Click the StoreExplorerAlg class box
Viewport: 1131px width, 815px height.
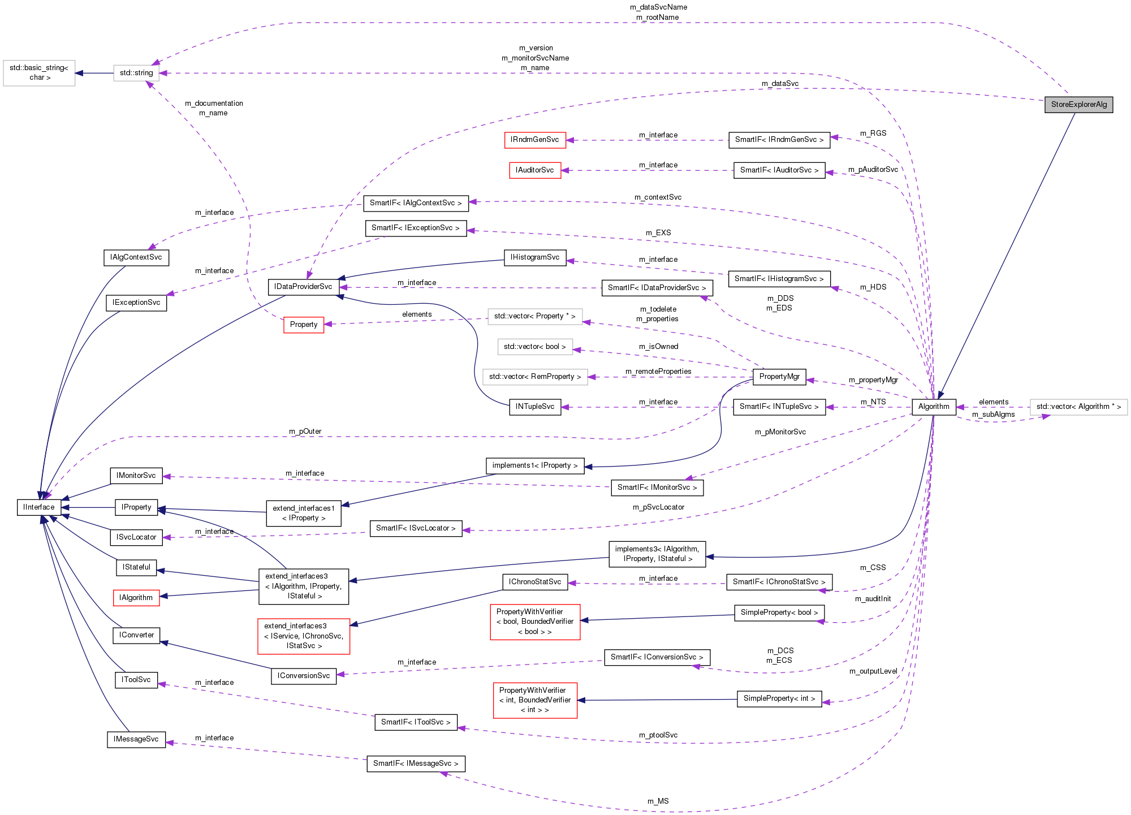point(1078,105)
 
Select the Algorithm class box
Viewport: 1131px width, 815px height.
point(933,407)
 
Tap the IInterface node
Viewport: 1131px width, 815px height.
point(39,507)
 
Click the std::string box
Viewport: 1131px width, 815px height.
point(136,73)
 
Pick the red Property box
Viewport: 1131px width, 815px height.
point(304,325)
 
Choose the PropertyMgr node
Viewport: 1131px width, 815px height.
point(779,377)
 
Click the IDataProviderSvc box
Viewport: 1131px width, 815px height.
point(303,287)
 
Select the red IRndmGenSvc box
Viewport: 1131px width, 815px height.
point(534,140)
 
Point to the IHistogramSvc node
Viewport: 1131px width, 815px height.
point(534,257)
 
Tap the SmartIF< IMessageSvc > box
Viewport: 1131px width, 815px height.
point(416,764)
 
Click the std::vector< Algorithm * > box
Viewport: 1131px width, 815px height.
point(1078,407)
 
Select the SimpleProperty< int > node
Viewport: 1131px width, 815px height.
point(779,698)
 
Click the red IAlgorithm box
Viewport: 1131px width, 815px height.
point(136,598)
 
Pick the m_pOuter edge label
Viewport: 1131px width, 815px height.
point(305,432)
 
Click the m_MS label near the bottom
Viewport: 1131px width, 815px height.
point(658,801)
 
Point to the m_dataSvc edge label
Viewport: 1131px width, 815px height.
point(780,84)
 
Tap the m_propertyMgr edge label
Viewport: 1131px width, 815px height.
point(873,380)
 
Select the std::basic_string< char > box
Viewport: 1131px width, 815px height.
point(39,73)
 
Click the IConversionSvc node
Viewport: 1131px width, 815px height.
point(304,676)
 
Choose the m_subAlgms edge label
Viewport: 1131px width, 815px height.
point(993,415)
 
